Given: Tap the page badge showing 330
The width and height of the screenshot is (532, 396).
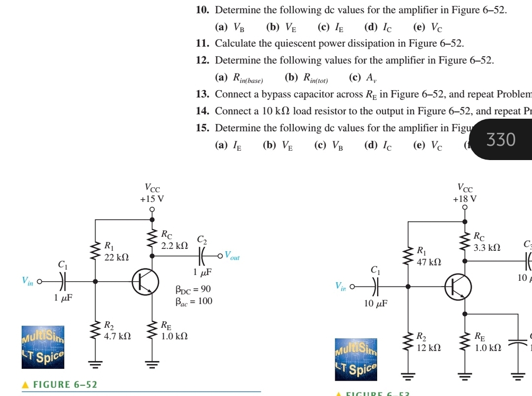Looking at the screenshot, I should pos(501,140).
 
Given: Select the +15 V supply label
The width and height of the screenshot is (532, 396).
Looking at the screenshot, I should pos(152,199).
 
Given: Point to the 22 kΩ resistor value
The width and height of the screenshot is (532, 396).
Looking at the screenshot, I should pos(117,257).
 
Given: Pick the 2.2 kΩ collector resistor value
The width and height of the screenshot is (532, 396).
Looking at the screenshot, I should pos(175,245).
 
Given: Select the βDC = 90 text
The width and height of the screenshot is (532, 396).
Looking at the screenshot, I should pos(193,289).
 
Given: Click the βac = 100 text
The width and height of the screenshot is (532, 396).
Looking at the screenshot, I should pos(194,301).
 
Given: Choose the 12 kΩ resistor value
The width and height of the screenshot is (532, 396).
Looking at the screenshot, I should pos(428,347).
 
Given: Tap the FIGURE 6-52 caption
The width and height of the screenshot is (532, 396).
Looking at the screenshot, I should pos(65,384).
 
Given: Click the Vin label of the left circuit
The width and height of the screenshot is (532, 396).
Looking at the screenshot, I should pos(29,280).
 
